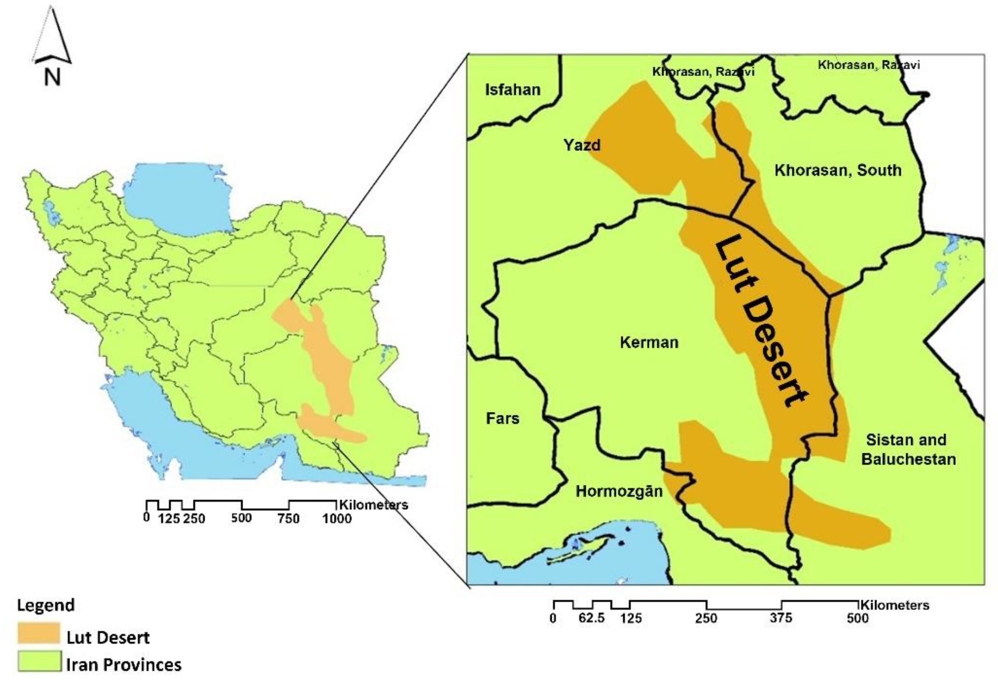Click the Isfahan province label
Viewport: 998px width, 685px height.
pos(512,90)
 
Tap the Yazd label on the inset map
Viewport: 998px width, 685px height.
pos(582,145)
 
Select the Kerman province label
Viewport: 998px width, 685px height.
pos(649,343)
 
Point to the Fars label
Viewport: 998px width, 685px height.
pos(502,418)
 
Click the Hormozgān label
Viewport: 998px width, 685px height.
pos(619,491)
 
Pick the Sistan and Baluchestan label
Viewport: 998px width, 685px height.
pos(908,449)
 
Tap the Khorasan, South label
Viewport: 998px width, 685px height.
pos(838,170)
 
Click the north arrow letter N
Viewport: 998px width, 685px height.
pos(52,78)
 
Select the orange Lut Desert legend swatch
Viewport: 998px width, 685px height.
pos(39,634)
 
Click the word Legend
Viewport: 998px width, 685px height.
pos(45,605)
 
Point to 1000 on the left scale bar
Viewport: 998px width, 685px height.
pos(337,518)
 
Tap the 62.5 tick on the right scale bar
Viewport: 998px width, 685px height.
pos(591,618)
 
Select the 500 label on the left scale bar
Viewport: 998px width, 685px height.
pos(241,518)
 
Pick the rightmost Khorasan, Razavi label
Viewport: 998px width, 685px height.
pos(868,65)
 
